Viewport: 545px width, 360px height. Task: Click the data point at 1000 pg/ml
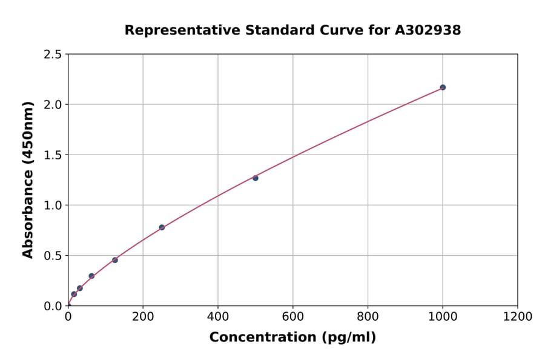pyautogui.click(x=443, y=87)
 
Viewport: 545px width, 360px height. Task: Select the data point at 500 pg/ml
pyautogui.click(x=256, y=178)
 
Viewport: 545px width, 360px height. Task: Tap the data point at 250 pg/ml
pyautogui.click(x=162, y=227)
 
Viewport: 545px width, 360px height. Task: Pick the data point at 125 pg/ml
pyautogui.click(x=115, y=260)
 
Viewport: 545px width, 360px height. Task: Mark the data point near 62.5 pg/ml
pyautogui.click(x=91, y=276)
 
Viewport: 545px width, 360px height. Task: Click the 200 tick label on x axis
pyautogui.click(x=143, y=317)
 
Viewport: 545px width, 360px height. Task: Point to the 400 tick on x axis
pyautogui.click(x=218, y=317)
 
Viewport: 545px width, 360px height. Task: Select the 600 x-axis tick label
pyautogui.click(x=292, y=317)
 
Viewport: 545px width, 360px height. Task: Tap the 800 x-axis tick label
pyautogui.click(x=368, y=317)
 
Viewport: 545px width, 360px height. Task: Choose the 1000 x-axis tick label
pyautogui.click(x=443, y=317)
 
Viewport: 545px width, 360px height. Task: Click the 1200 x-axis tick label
pyautogui.click(x=517, y=317)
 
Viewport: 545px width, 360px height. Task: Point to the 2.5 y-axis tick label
pyautogui.click(x=53, y=55)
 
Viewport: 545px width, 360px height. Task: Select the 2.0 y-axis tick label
pyautogui.click(x=53, y=105)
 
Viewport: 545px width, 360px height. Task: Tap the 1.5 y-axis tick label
pyautogui.click(x=53, y=155)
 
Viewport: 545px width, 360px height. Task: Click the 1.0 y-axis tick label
pyautogui.click(x=53, y=205)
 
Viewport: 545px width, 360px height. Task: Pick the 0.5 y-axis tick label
pyautogui.click(x=53, y=256)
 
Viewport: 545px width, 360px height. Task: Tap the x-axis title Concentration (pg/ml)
pyautogui.click(x=292, y=338)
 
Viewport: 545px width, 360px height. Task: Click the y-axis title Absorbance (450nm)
pyautogui.click(x=28, y=179)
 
